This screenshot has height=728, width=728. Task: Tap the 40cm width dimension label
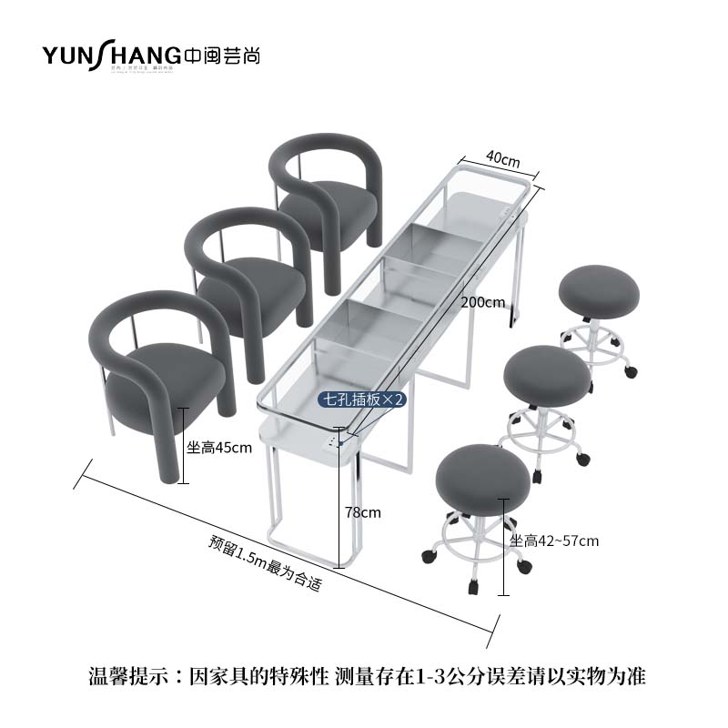[x=503, y=158]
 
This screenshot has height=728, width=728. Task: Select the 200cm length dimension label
[x=482, y=303]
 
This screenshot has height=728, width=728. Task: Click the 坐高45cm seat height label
[x=219, y=448]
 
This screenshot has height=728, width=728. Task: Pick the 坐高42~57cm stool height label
[x=554, y=541]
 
